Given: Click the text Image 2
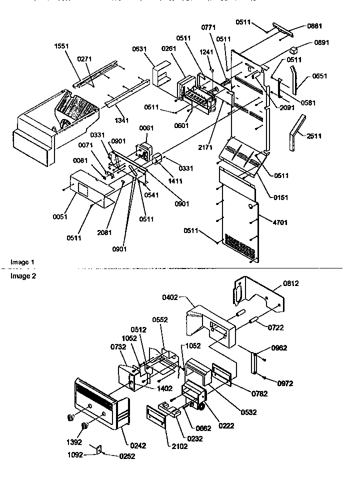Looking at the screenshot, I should [23, 275].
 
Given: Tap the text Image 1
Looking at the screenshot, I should [23, 262].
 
